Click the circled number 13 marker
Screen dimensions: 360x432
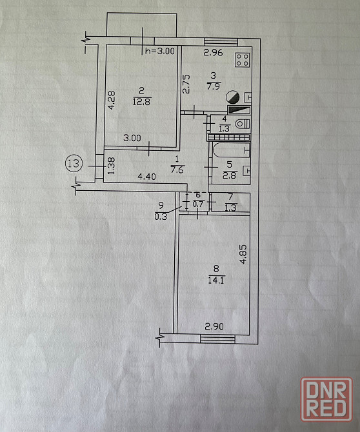[74, 163]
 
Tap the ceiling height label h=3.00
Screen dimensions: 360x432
[160, 51]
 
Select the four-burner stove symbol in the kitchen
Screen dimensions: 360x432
[243, 60]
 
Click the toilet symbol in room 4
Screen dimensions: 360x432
[243, 124]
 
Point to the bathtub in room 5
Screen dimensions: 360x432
[231, 150]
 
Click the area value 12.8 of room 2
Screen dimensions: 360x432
[142, 102]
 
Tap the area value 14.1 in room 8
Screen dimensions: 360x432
[216, 280]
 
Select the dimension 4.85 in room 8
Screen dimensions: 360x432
[243, 255]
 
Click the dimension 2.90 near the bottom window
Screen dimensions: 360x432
[214, 326]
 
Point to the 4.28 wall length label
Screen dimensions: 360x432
[112, 101]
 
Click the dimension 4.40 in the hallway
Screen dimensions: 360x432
[146, 176]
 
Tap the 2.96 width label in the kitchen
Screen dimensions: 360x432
[213, 52]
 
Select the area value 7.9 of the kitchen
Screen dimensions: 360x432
[214, 86]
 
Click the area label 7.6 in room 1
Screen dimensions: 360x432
[177, 170]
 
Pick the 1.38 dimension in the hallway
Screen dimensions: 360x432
[111, 166]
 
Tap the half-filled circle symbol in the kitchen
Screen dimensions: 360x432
[233, 97]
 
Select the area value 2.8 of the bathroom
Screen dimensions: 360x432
[229, 175]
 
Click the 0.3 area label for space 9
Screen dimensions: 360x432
[161, 217]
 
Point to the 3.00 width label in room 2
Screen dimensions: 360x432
[132, 138]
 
